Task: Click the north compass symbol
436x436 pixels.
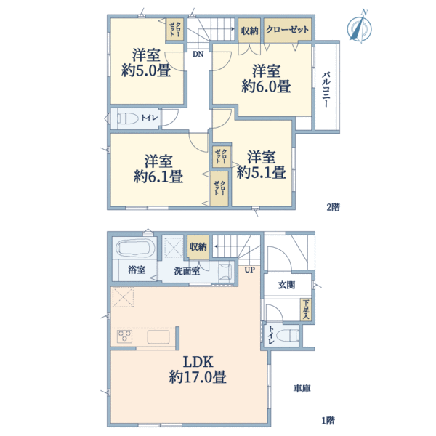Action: pos(358,27)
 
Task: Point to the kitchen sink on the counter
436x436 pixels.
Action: pos(159,336)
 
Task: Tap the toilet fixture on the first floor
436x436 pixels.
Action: pos(288,335)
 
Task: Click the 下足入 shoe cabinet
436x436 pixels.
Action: pos(307,310)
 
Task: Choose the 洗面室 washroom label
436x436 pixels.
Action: pos(187,271)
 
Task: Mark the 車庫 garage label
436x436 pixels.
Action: pos(302,389)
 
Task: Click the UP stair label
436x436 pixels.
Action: pos(249,270)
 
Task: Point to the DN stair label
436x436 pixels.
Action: pos(198,53)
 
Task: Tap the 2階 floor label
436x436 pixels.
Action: pos(333,207)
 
